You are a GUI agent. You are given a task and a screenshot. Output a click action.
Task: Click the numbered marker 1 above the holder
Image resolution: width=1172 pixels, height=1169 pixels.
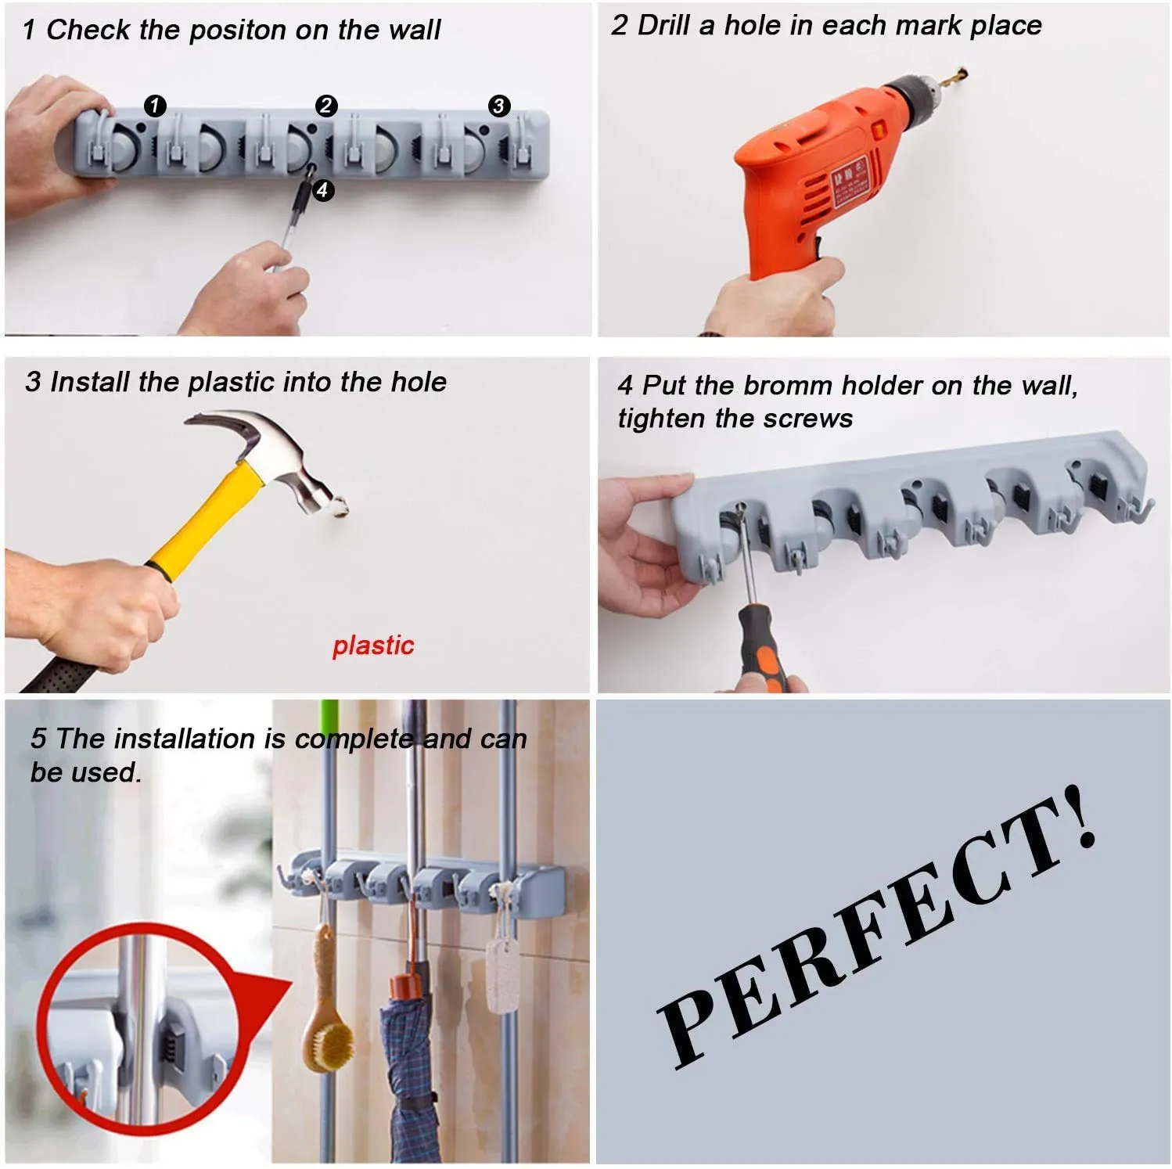pyautogui.click(x=155, y=105)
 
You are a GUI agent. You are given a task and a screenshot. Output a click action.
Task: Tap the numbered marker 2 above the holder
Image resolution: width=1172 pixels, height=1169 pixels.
pyautogui.click(x=326, y=105)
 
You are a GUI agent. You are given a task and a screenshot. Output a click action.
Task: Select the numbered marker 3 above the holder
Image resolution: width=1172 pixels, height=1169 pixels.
pyautogui.click(x=499, y=105)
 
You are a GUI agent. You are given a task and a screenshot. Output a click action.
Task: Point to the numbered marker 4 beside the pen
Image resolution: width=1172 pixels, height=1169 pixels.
pyautogui.click(x=322, y=189)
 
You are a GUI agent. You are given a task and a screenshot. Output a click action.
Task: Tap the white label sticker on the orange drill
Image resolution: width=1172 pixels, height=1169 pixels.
pyautogui.click(x=850, y=182)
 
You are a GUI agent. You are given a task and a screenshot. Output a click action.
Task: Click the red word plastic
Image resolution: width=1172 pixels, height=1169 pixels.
pyautogui.click(x=373, y=646)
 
